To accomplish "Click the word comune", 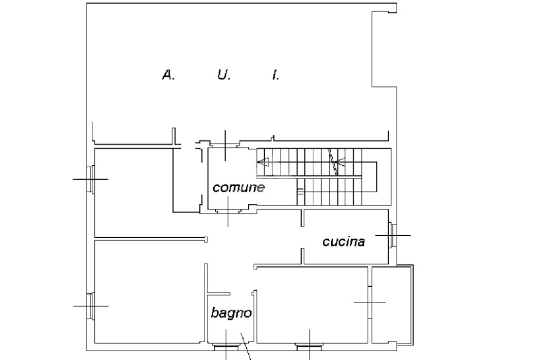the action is pyautogui.click(x=238, y=188).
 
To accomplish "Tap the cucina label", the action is pyautogui.click(x=343, y=242).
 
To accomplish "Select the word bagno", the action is pyautogui.click(x=231, y=313).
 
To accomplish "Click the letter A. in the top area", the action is pyautogui.click(x=168, y=75).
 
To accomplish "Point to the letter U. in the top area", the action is pyautogui.click(x=224, y=75).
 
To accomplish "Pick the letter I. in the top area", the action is pyautogui.click(x=275, y=75).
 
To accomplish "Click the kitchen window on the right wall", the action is pyautogui.click(x=392, y=235).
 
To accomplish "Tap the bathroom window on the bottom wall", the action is pyautogui.click(x=226, y=347).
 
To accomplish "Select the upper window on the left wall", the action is pyautogui.click(x=91, y=179).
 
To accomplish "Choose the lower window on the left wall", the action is pyautogui.click(x=91, y=306).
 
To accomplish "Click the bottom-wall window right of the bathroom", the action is pyautogui.click(x=309, y=347).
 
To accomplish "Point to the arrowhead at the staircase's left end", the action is pyautogui.click(x=262, y=163).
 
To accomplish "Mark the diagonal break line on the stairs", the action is pyautogui.click(x=333, y=161).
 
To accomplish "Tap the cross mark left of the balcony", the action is pyautogui.click(x=369, y=303).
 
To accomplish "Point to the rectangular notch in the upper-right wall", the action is pyautogui.click(x=383, y=49).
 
